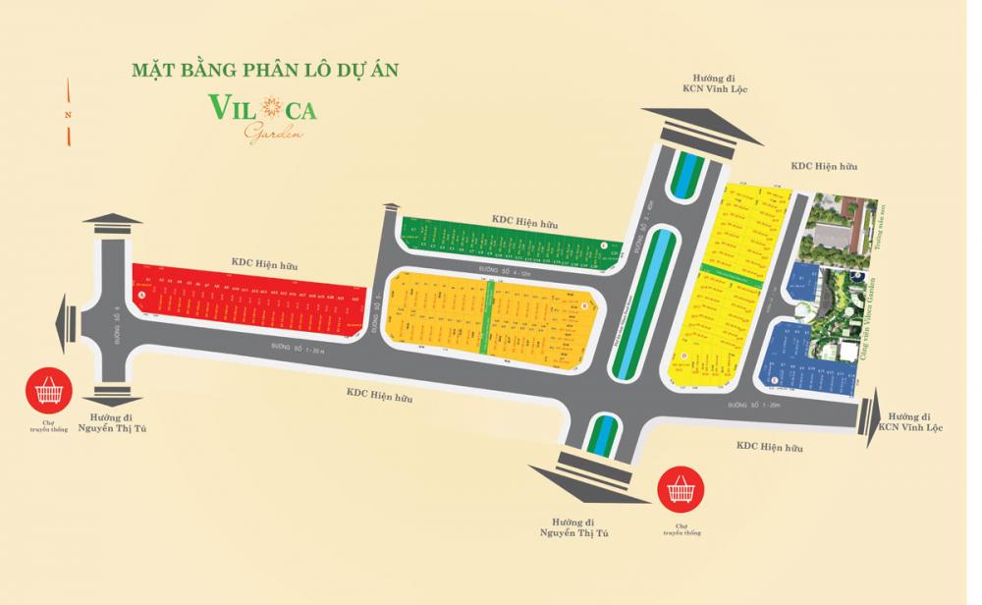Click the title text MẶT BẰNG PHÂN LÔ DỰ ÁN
264,72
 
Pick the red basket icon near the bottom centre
678,485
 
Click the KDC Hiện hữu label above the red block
264,263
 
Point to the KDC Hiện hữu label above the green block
524,224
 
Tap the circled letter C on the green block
603,246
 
